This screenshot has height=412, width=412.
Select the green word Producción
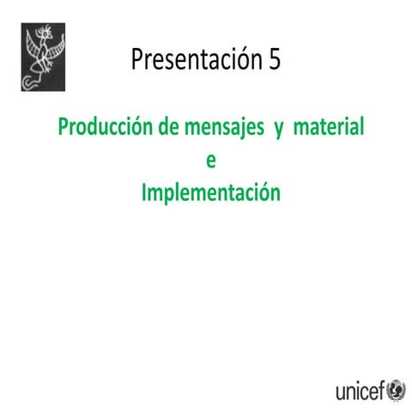(106, 128)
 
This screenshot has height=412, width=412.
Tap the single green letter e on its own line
(211, 161)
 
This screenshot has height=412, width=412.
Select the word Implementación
(210, 191)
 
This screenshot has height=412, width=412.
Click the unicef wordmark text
(360, 392)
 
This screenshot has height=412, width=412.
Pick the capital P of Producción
(64, 128)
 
